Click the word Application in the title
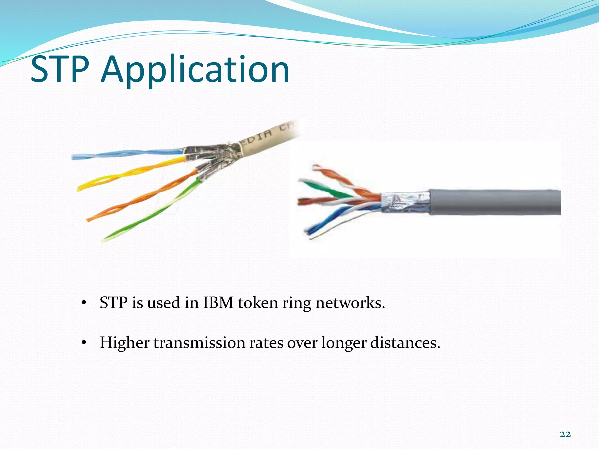coord(194,70)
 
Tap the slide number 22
coord(565,434)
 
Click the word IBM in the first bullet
coord(218,303)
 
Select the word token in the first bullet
coord(258,303)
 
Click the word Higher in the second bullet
coord(125,343)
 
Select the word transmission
coord(199,343)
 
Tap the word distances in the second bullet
coord(405,343)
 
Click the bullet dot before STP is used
coord(84,303)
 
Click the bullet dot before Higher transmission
coord(84,343)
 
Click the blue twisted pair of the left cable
coord(126,154)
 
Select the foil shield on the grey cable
coord(405,202)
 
